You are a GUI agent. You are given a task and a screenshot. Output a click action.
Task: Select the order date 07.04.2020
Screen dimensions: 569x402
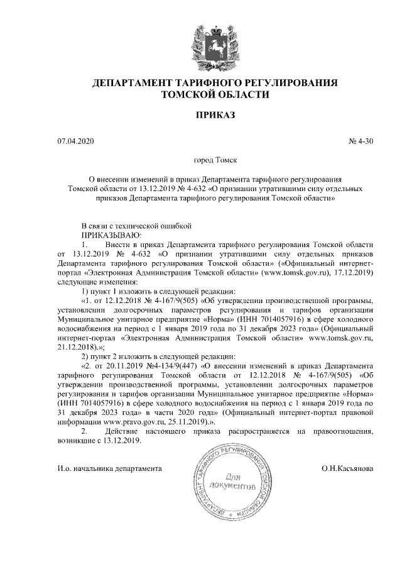(x=75, y=142)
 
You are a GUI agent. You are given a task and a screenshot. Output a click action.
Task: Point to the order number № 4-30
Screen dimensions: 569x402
(x=361, y=142)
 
